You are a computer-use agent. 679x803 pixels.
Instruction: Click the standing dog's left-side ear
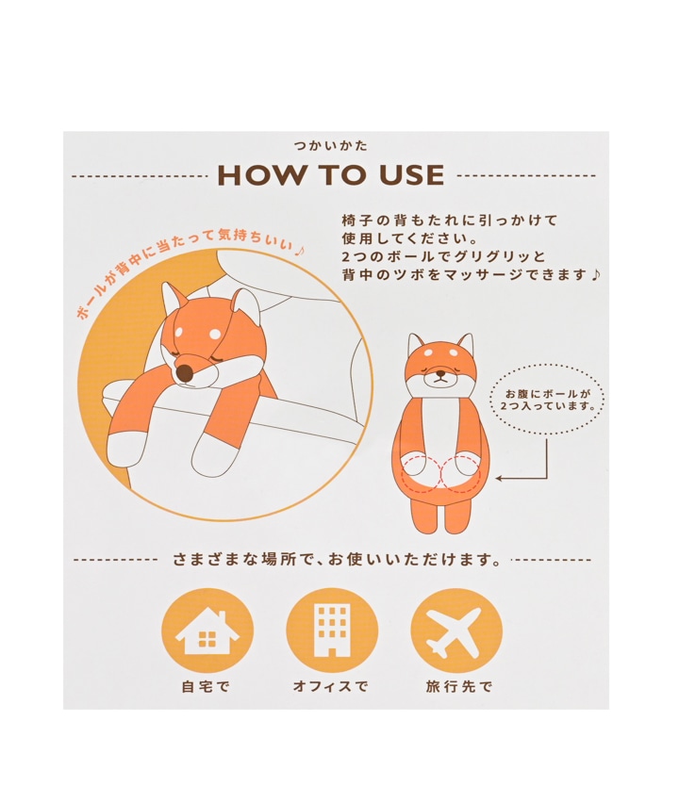coord(416,344)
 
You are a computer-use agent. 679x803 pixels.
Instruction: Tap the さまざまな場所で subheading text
coord(336,559)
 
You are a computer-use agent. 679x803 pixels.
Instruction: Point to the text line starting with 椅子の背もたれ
coord(450,221)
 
